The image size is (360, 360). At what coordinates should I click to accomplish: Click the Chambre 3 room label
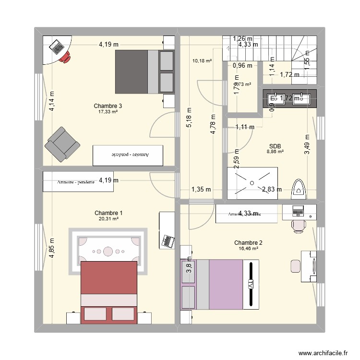[108, 106]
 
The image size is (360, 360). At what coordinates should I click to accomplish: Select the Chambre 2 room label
[248, 243]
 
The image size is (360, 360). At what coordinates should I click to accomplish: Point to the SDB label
[275, 146]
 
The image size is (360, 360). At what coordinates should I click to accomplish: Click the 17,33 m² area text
[108, 111]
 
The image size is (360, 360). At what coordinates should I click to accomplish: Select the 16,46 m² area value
[248, 249]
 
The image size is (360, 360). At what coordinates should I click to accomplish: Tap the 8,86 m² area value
[275, 152]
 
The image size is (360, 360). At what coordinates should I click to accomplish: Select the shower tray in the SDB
[252, 182]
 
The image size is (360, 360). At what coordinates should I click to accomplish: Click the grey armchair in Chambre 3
[62, 144]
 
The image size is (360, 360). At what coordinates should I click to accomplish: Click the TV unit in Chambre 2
[251, 284]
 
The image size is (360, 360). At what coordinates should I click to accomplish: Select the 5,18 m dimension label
[189, 116]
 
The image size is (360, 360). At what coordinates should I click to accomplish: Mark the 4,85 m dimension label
[51, 249]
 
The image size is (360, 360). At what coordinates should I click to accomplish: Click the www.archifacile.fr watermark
[322, 352]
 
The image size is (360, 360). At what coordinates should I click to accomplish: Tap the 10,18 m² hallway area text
[202, 60]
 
